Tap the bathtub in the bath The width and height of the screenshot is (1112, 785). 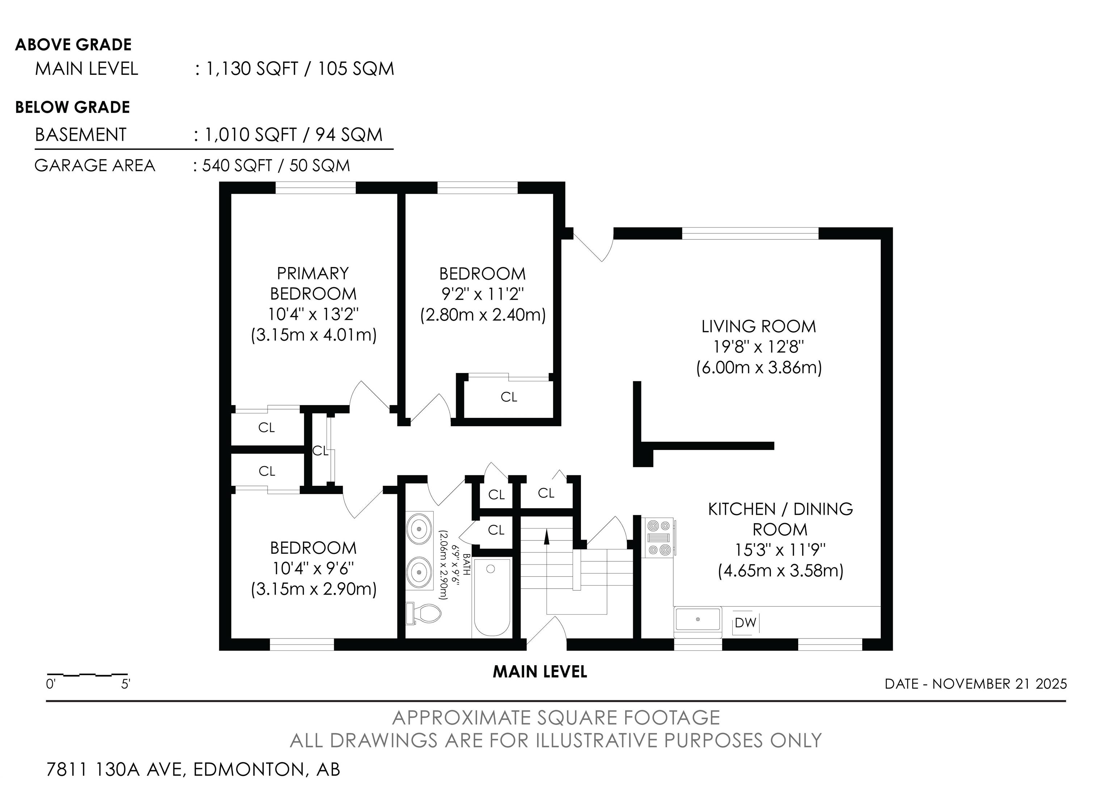[x=492, y=598]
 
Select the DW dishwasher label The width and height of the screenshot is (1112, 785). [x=745, y=623]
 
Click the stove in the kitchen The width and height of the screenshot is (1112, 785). [x=660, y=537]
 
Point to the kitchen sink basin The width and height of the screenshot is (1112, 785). [x=698, y=619]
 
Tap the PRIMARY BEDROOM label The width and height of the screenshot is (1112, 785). [x=313, y=284]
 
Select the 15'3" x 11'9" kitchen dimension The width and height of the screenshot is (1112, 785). [x=780, y=550]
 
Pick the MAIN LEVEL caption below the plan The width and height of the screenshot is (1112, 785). [x=540, y=672]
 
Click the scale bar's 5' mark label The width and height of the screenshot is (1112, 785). [x=126, y=684]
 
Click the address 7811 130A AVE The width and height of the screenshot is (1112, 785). [x=116, y=769]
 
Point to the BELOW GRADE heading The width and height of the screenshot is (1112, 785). [x=73, y=107]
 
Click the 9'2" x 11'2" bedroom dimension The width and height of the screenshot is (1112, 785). [x=483, y=294]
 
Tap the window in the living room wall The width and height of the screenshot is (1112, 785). [x=750, y=234]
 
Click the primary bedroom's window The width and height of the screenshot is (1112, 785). [x=316, y=188]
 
